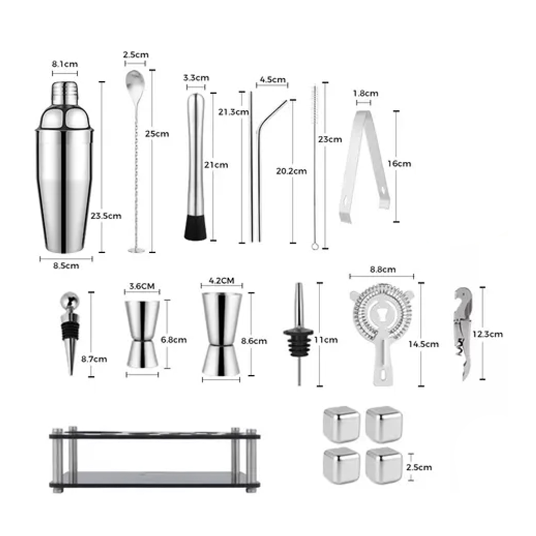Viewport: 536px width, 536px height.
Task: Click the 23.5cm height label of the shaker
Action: (x=106, y=216)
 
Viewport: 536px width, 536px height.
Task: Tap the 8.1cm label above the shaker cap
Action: (x=65, y=64)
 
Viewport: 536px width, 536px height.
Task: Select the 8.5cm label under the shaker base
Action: (x=66, y=266)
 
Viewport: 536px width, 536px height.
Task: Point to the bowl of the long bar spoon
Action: (x=135, y=81)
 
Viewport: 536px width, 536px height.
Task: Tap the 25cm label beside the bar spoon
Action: (x=157, y=134)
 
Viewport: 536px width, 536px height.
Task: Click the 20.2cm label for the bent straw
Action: (x=291, y=171)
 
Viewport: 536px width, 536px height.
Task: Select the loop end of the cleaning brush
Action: (x=315, y=246)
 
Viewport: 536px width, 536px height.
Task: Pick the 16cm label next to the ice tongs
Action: (x=399, y=163)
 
